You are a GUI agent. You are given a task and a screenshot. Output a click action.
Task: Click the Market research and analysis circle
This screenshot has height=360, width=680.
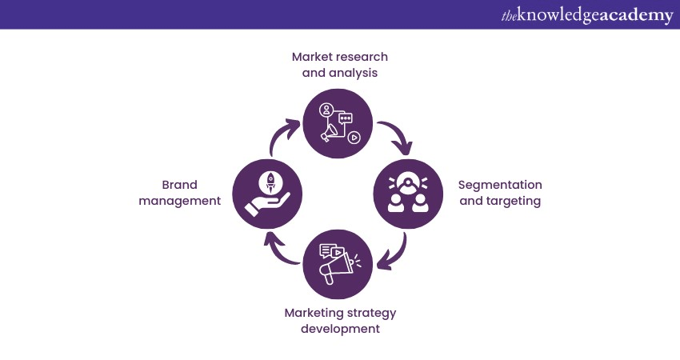click(x=339, y=123)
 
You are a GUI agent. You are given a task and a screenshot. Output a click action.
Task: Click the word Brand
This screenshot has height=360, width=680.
click(x=180, y=185)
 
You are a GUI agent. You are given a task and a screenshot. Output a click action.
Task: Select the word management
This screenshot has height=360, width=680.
click(x=179, y=201)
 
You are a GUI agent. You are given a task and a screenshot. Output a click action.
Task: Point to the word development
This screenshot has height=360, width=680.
click(x=339, y=328)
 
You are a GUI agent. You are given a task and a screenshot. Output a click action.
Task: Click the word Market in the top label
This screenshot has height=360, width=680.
click(x=311, y=57)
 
